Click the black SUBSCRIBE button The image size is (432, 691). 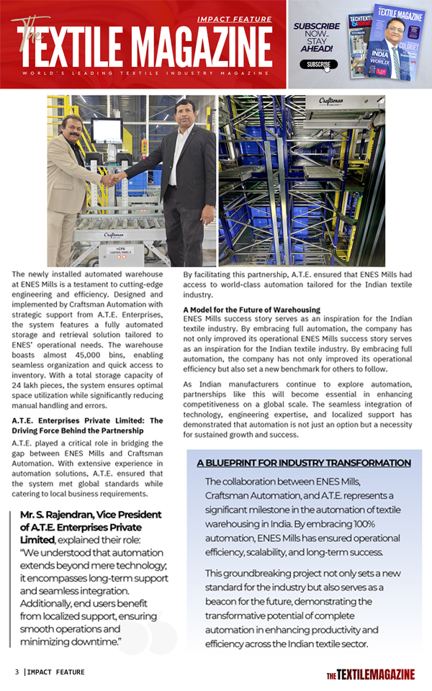[x=318, y=64]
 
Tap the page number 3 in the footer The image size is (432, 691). [x=17, y=672]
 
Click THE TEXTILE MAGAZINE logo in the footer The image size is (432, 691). [x=370, y=674]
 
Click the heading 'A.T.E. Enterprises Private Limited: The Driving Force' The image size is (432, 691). [x=88, y=425]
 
